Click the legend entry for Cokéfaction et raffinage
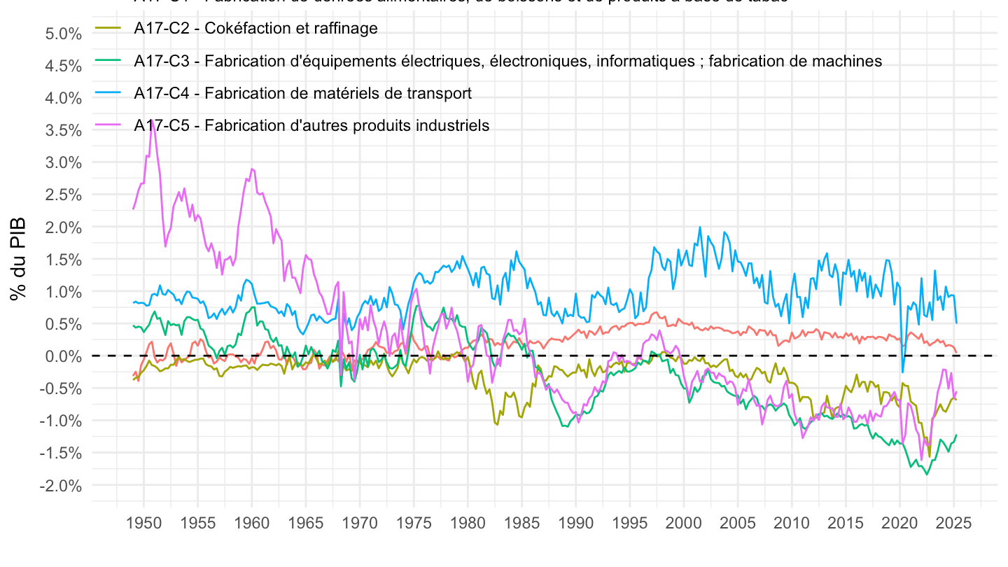pos(255,29)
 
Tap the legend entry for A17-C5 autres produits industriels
pos(311,125)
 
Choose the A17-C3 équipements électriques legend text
pos(507,61)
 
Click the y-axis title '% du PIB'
pos(19,259)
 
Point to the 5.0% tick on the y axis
pos(61,34)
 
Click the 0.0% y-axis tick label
pos(61,356)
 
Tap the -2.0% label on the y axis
pos(59,486)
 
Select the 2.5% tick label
pos(61,195)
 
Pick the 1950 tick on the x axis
pos(143,523)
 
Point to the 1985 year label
pos(521,523)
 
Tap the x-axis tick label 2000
pos(684,523)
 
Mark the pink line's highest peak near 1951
pos(152,120)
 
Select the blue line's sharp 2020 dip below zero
pos(903,372)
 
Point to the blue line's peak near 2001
pos(699,227)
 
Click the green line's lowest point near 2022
pos(927,475)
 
